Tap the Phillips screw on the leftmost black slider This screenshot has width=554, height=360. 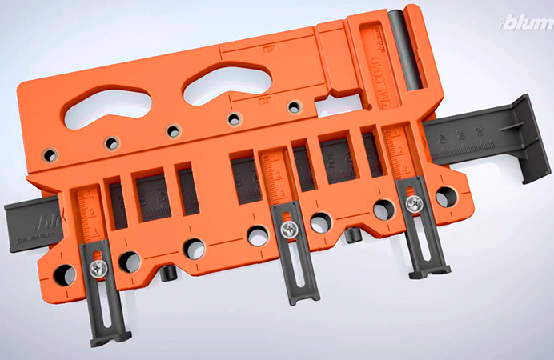click(98, 270)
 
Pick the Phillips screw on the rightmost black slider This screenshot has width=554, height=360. click(413, 205)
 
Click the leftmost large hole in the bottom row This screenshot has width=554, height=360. click(62, 274)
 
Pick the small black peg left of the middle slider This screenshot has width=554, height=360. click(169, 273)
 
